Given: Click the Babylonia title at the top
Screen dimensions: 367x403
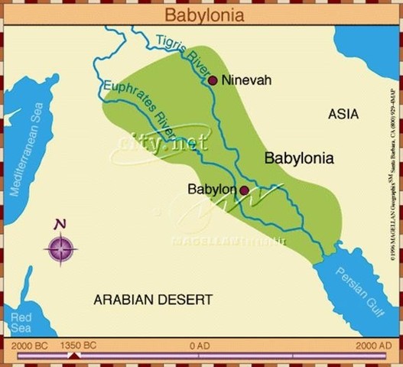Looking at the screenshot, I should pos(201,13).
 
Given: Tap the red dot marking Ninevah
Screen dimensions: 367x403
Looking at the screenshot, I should pos(213,80).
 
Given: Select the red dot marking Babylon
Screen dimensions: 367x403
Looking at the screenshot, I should pos(243,190).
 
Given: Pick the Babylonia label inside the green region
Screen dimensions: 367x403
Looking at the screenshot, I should pos(299,159).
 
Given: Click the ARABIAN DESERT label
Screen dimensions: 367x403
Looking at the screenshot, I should pos(153,299).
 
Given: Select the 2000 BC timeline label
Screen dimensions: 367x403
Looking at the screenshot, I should pos(31,346).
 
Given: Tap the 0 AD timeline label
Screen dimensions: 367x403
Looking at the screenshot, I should pos(200,346).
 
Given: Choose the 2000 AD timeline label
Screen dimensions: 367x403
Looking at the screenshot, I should pos(372,346).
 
